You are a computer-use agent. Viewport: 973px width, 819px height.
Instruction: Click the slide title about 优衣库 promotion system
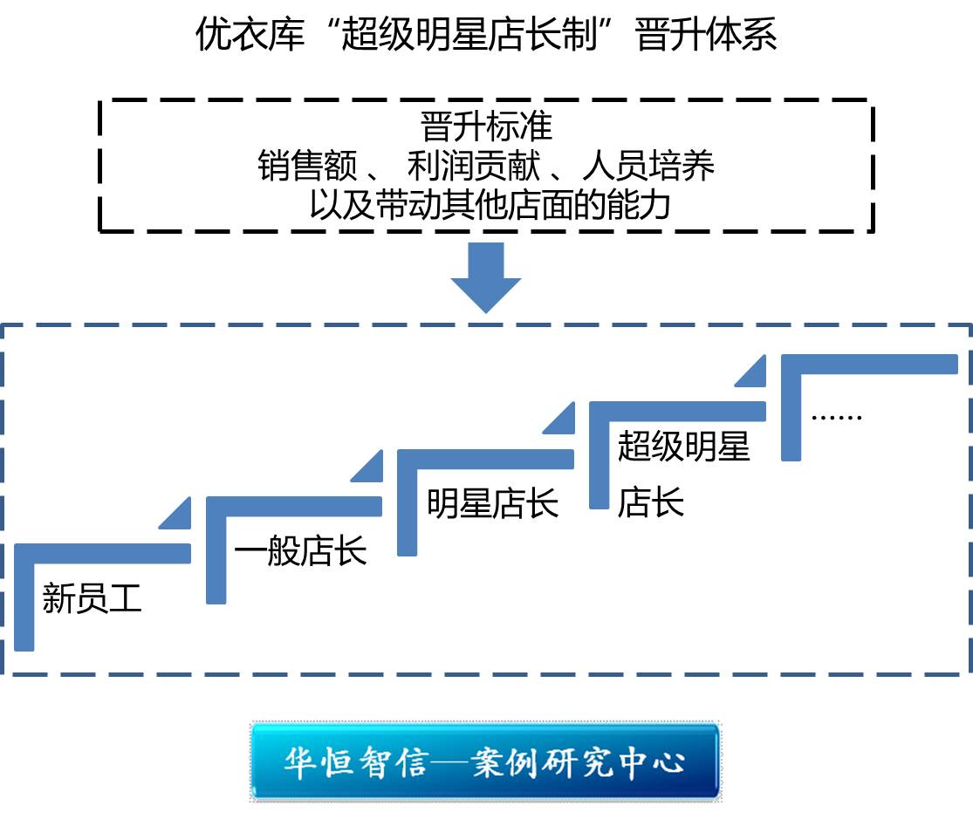click(486, 37)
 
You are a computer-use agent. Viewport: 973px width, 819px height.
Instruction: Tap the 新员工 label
click(92, 601)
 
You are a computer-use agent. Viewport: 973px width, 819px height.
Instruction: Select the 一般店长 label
click(301, 552)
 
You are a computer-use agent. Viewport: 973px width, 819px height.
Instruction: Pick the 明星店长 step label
click(492, 503)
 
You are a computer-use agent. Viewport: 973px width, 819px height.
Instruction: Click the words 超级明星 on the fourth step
click(683, 447)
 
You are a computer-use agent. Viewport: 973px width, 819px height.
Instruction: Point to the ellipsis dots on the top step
click(836, 416)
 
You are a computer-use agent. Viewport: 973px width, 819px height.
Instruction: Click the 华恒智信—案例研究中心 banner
click(485, 761)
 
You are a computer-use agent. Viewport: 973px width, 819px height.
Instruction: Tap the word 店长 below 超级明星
click(650, 503)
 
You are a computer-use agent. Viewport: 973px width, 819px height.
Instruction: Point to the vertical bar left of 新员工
click(24, 602)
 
